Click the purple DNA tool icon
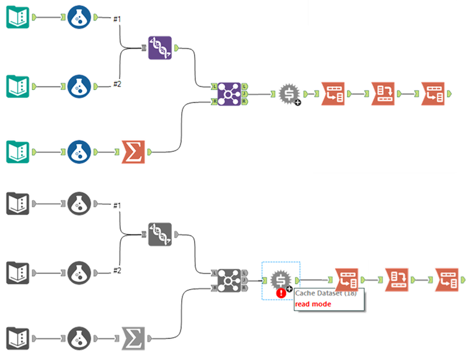tap(160, 47)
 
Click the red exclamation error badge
tap(282, 291)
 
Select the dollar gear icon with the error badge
tap(280, 280)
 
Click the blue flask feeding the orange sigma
tap(79, 150)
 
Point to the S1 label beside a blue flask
tap(117, 19)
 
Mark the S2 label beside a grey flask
tap(117, 270)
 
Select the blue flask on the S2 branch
tap(79, 84)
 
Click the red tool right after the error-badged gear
tap(346, 280)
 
